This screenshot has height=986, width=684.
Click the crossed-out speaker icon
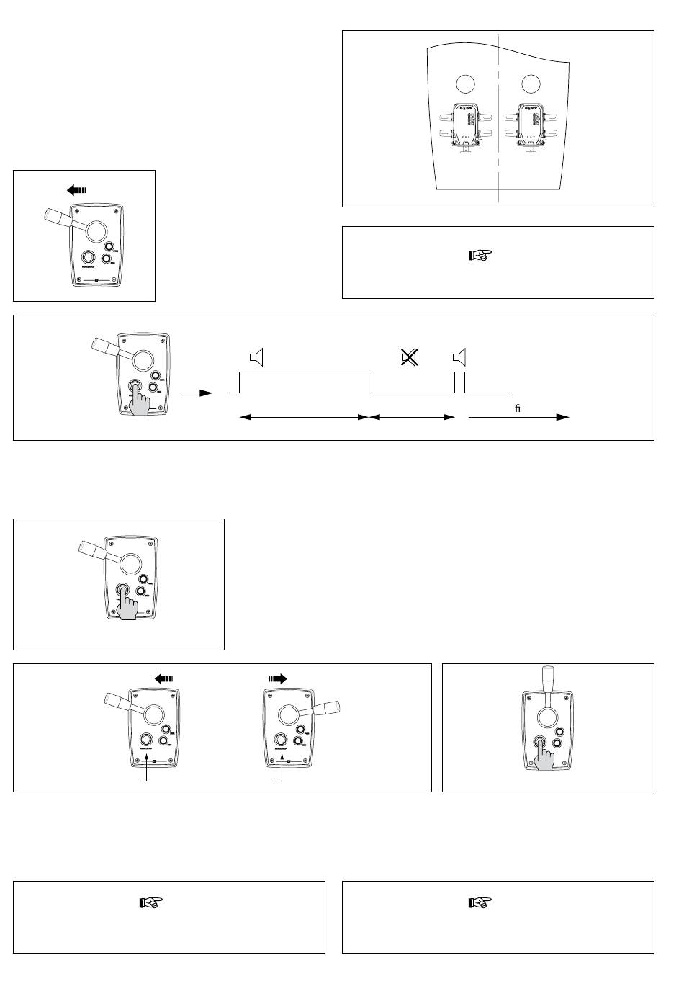pos(410,357)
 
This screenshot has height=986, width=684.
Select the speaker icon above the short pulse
pos(459,357)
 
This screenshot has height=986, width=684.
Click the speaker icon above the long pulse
pos(257,357)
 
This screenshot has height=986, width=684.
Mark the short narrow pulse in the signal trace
pos(460,382)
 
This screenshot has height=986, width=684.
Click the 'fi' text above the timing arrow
pos(517,408)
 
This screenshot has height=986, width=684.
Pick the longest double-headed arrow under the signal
pos(304,417)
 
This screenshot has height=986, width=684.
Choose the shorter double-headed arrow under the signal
pos(413,417)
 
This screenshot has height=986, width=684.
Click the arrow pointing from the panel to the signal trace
pos(197,393)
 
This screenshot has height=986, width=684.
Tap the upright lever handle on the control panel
pos(548,678)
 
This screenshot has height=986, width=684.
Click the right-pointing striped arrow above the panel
pos(277,678)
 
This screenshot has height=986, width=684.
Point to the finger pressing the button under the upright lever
pos(544,756)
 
